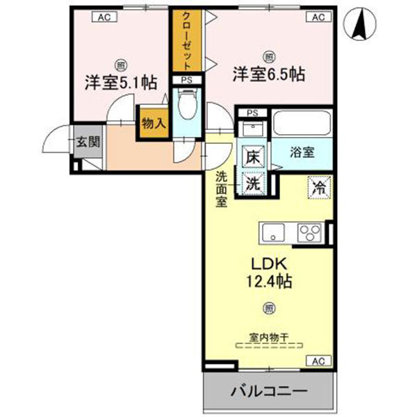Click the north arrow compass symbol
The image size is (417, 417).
point(361,25)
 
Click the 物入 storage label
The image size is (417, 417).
point(153,123)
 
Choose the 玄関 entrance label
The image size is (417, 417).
point(88,142)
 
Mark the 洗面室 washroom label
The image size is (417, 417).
point(221,189)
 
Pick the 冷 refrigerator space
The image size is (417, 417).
point(318,186)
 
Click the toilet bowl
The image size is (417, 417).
point(186,109)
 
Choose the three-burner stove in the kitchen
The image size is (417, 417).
point(309,231)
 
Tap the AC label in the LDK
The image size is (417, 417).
point(317,361)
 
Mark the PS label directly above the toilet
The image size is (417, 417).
point(185,81)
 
